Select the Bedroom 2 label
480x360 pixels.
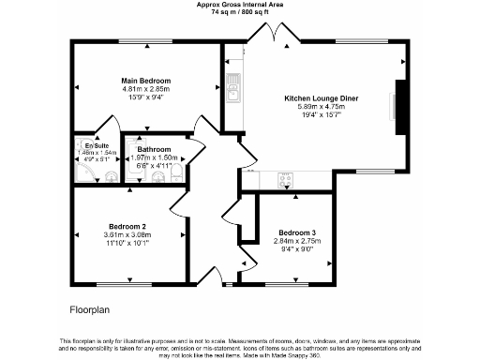(127, 227)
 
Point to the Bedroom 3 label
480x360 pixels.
(296, 232)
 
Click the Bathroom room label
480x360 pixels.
(153, 150)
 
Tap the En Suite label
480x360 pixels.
(97, 146)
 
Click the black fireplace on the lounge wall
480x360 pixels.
(401, 109)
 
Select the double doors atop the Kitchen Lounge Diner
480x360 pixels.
(272, 36)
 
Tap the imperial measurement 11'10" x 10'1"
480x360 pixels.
(127, 243)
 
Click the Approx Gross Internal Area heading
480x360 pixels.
(239, 5)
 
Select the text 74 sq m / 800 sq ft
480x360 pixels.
(239, 12)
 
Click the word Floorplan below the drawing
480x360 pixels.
(91, 307)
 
